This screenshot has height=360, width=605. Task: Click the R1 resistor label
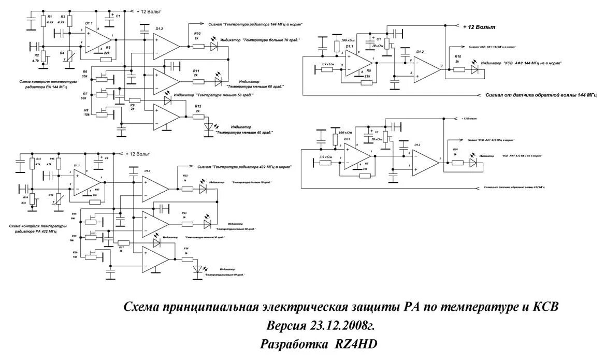click(x=50, y=17)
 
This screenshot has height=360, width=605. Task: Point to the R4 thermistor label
click(x=62, y=53)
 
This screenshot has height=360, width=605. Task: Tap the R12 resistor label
click(x=198, y=106)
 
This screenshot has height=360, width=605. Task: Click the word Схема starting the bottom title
click(x=142, y=307)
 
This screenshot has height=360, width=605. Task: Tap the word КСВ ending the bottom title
click(x=546, y=307)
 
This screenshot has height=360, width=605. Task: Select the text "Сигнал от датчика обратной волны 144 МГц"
click(x=541, y=95)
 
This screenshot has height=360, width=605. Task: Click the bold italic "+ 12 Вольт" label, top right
click(x=479, y=26)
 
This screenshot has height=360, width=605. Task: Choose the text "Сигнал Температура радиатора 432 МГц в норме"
click(x=243, y=167)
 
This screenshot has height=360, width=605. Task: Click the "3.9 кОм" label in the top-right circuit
click(x=327, y=64)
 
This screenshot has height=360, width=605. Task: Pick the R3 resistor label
click(x=62, y=17)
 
